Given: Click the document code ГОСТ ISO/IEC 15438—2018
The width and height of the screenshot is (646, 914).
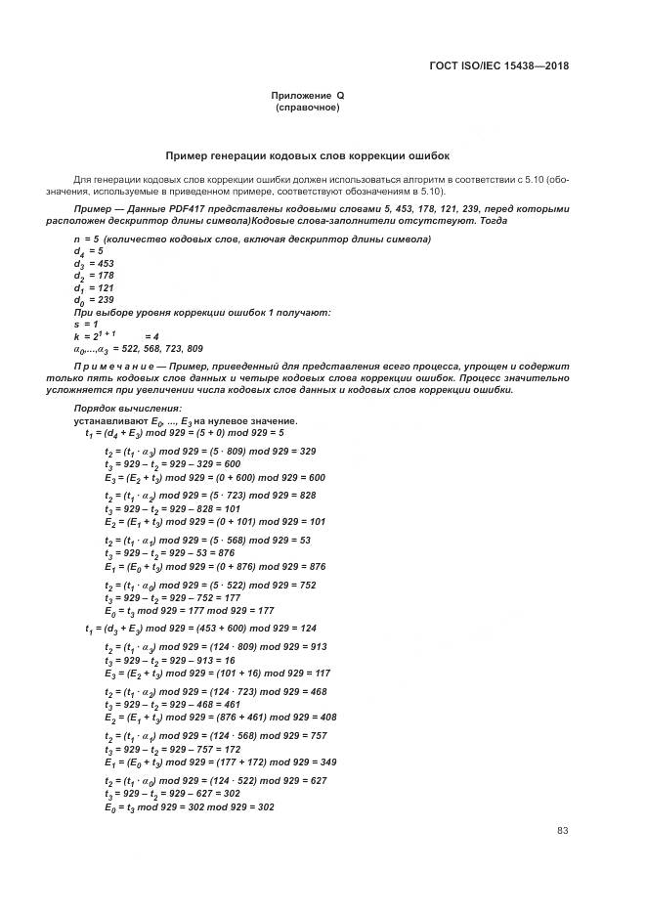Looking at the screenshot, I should pyautogui.click(x=498, y=66).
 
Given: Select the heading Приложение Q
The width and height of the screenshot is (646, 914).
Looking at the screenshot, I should pyautogui.click(x=307, y=96).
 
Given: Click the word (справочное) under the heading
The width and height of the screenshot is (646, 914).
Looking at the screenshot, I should pyautogui.click(x=307, y=108).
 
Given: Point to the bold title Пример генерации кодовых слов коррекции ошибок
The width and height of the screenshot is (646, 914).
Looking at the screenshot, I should pyautogui.click(x=307, y=155).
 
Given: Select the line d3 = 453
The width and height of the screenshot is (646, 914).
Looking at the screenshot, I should pyautogui.click(x=94, y=264).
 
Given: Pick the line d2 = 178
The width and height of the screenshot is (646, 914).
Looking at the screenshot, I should pyautogui.click(x=94, y=277).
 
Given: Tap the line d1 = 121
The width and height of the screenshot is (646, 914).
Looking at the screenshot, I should pyautogui.click(x=94, y=288).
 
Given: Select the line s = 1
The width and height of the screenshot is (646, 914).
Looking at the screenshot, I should pyautogui.click(x=86, y=324).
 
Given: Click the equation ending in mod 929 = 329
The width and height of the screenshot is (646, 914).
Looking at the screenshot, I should pyautogui.click(x=209, y=452).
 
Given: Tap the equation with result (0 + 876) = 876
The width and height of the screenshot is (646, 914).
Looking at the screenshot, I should pyautogui.click(x=214, y=567).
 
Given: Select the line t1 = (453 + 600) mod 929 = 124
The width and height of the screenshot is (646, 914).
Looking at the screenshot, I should pyautogui.click(x=199, y=629).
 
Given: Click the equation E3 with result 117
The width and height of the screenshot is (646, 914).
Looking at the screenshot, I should pyautogui.click(x=217, y=674).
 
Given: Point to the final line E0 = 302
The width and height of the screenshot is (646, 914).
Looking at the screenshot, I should pyautogui.click(x=189, y=807).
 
